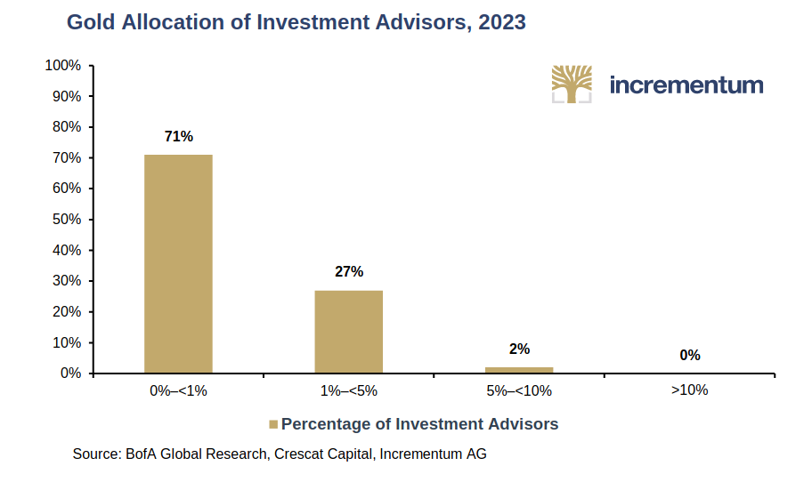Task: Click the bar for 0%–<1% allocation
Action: (x=178, y=263)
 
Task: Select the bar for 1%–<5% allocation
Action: (x=348, y=331)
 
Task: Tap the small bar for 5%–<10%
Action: (x=519, y=369)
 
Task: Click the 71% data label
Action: (x=178, y=136)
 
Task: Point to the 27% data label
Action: (x=349, y=272)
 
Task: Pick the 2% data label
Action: (x=519, y=349)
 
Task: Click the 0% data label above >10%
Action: (x=690, y=355)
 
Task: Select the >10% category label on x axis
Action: (x=690, y=390)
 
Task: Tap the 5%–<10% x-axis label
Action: (x=519, y=390)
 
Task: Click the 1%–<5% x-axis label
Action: (x=348, y=390)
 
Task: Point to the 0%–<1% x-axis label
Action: (x=178, y=390)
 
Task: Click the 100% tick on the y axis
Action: (x=63, y=66)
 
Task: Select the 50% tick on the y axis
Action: (x=66, y=220)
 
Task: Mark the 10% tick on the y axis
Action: (x=66, y=342)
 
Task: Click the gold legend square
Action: (x=273, y=424)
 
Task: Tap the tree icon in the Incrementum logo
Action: (x=572, y=84)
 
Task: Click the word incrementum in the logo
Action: (x=686, y=85)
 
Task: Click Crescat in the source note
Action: (x=301, y=454)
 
